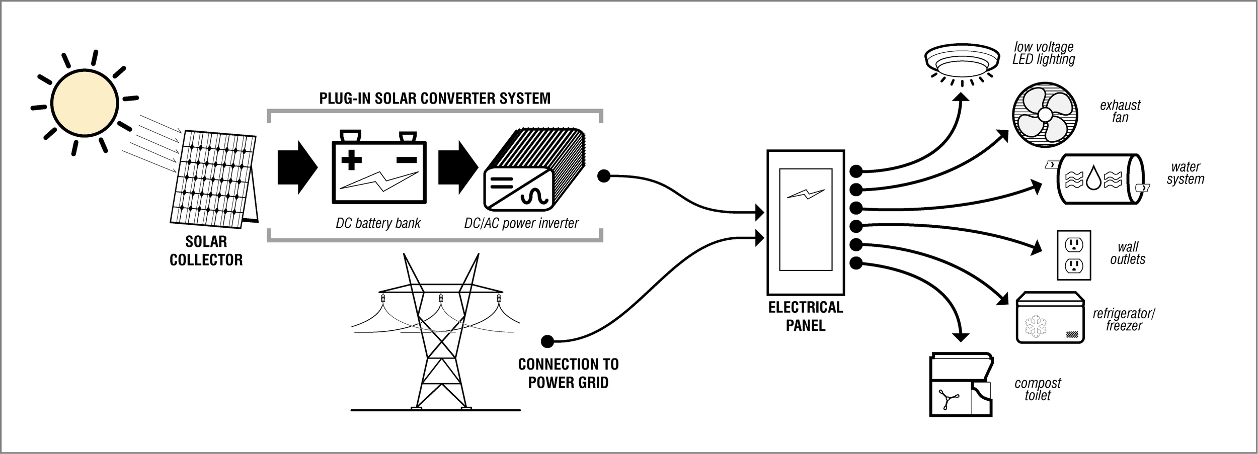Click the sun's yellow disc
pyautogui.click(x=85, y=102)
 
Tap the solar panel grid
pyautogui.click(x=212, y=178)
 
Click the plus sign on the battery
pyautogui.click(x=351, y=160)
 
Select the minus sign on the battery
pyautogui.click(x=407, y=160)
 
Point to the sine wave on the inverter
pyautogui.click(x=534, y=197)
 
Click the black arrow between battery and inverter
pyautogui.click(x=457, y=167)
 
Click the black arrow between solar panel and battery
pyautogui.click(x=297, y=167)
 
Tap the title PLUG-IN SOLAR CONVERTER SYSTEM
pyautogui.click(x=435, y=98)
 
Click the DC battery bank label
pyautogui.click(x=378, y=223)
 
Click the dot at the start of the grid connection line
pyautogui.click(x=547, y=341)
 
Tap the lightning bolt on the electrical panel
pyautogui.click(x=806, y=194)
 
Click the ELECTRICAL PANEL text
pyautogui.click(x=805, y=316)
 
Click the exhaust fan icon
pyautogui.click(x=1045, y=115)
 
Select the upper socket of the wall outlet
pyautogui.click(x=1074, y=244)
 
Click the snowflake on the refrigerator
pyautogui.click(x=1036, y=326)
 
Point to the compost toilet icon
pyautogui.click(x=960, y=385)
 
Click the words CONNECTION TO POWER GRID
pyautogui.click(x=568, y=373)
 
